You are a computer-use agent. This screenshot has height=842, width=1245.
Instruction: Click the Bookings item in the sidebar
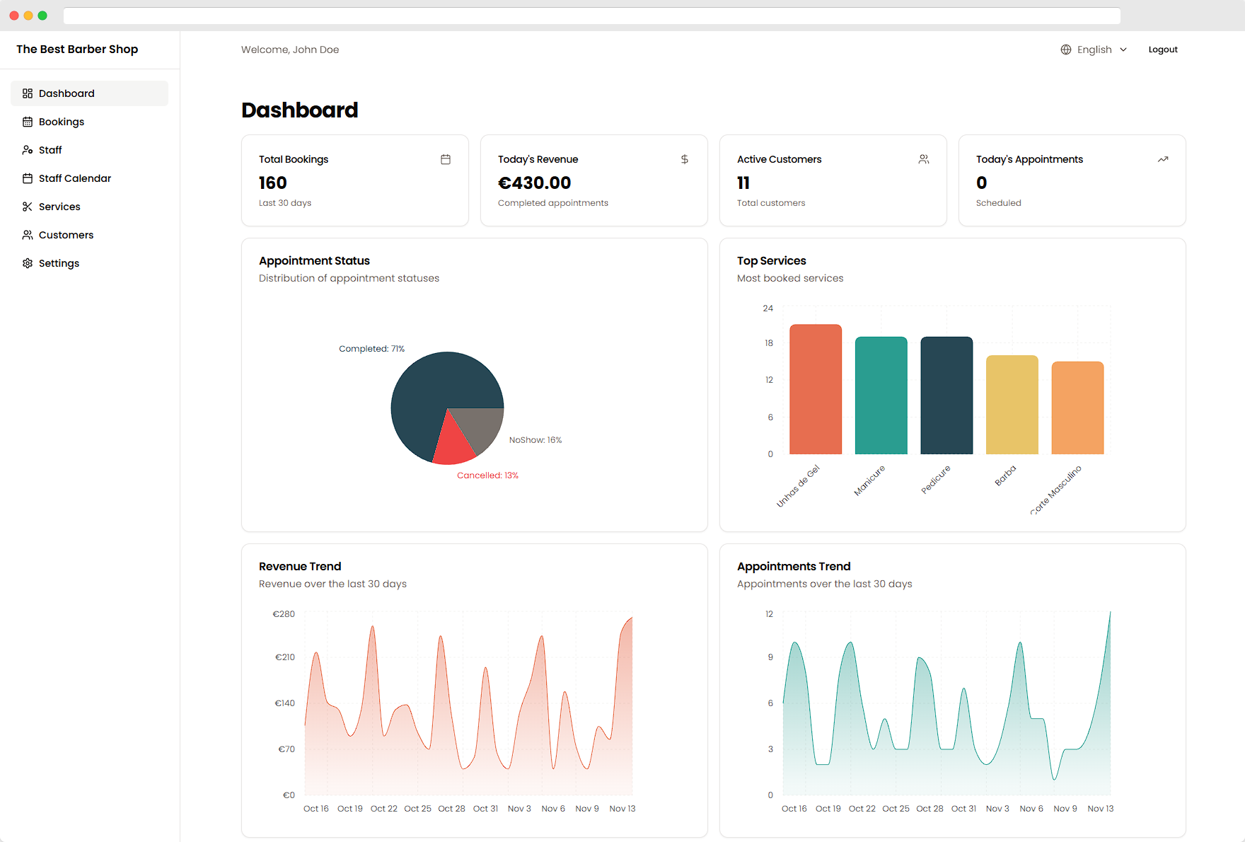[x=61, y=122]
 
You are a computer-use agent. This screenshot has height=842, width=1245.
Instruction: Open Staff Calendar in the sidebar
[x=74, y=178]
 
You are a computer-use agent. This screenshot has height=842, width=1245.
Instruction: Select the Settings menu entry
[x=59, y=263]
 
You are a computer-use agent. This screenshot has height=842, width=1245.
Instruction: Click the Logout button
[x=1162, y=50]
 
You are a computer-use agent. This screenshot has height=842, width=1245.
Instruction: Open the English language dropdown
[x=1094, y=50]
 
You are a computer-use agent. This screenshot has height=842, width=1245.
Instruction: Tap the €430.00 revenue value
[x=534, y=183]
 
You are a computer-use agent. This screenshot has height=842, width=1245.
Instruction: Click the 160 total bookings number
[x=272, y=183]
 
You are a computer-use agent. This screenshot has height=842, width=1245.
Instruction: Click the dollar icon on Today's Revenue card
[x=684, y=159]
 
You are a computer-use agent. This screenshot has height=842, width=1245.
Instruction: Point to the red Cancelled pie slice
[x=453, y=446]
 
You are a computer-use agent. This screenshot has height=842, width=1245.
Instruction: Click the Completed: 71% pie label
[x=371, y=349]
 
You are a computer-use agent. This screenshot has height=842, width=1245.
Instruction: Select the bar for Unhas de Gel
[x=815, y=389]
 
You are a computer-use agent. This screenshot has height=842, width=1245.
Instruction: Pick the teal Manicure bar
[x=881, y=396]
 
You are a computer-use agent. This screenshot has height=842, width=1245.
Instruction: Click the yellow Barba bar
[x=1012, y=405]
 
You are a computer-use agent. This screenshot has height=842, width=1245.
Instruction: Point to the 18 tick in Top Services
[x=768, y=343]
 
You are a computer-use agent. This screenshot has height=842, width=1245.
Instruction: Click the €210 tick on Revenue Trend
[x=284, y=657]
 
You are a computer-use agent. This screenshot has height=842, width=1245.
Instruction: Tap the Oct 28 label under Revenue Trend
[x=451, y=809]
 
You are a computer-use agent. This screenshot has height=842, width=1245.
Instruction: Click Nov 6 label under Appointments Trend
[x=1031, y=809]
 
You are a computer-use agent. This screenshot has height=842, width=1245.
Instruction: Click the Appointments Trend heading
[x=793, y=566]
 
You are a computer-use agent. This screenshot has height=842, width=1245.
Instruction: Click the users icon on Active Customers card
[x=923, y=159]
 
